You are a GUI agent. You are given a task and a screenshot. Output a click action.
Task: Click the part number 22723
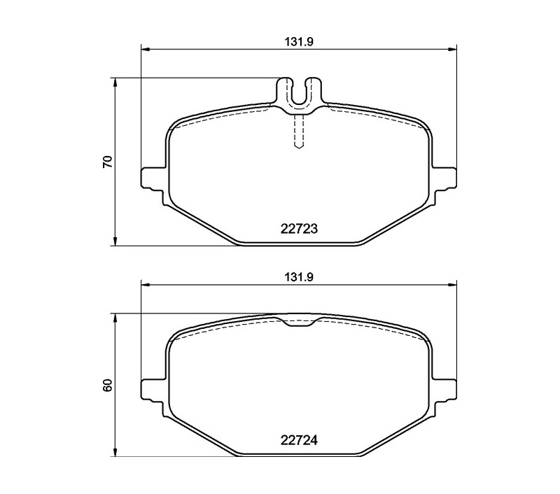point(299,228)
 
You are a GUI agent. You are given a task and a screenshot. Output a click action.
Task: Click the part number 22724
point(299,440)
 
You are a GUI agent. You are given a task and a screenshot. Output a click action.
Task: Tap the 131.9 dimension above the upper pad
point(299,42)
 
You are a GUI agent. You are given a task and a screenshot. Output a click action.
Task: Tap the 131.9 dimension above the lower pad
point(299,277)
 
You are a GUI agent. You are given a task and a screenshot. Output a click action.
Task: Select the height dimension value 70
point(108,162)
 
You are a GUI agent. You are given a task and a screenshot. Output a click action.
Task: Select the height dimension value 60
point(108,386)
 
